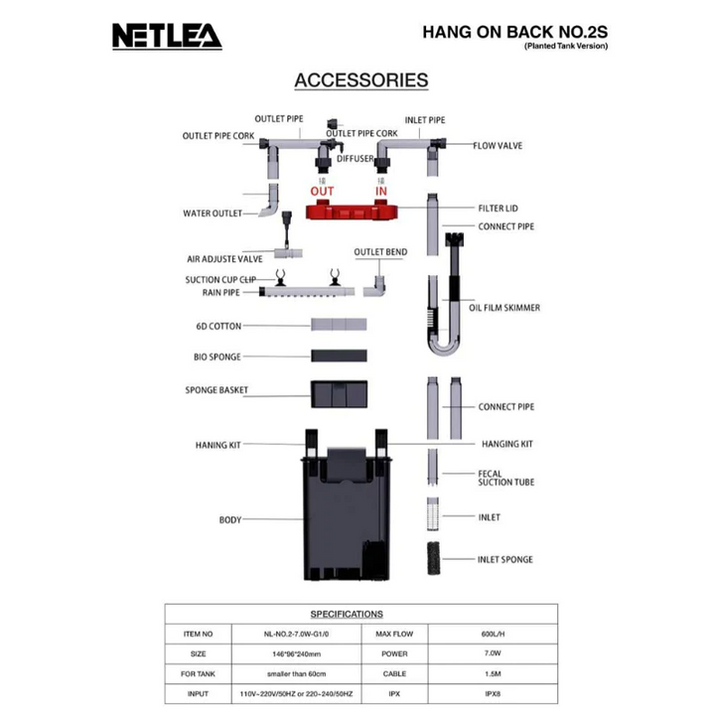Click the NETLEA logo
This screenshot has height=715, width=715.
pos(166,37)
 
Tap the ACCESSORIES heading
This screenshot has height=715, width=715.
pos(361,80)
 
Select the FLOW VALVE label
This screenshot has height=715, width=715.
pos(498,146)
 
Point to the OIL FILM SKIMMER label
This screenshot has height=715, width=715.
pos(504,308)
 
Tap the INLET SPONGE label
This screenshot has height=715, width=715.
pos(504,559)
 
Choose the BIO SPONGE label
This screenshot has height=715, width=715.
pos(217,357)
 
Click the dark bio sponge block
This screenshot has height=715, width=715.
pos(339,356)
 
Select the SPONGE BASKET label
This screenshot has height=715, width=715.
pos(216,390)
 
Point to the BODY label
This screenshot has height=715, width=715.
pos(230,519)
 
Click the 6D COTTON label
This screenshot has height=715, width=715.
pos(218,325)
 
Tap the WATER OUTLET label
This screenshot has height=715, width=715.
pos(213,213)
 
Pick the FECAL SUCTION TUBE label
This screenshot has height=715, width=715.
pos(505,478)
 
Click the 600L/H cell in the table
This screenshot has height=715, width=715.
pos(494,634)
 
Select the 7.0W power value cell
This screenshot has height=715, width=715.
pos(494,654)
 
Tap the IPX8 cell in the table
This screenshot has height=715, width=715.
pos(494,695)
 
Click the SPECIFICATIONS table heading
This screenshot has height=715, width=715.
pos(347,615)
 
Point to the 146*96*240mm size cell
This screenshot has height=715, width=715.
pos(283,654)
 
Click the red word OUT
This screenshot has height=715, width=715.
pos(322,191)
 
